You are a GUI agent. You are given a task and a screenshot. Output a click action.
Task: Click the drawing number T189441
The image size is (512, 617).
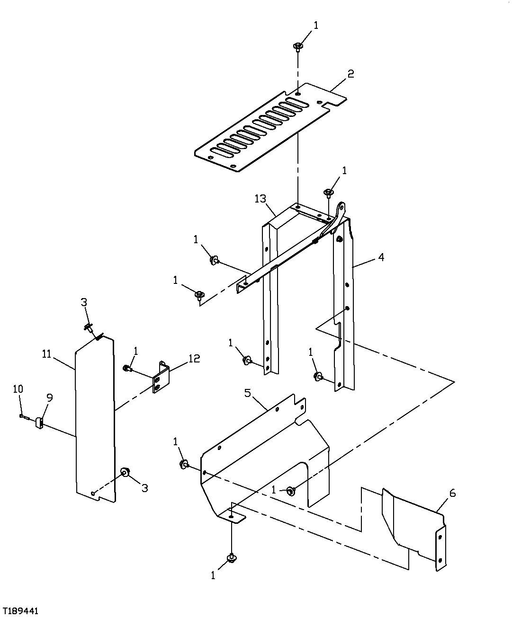coord(20,611)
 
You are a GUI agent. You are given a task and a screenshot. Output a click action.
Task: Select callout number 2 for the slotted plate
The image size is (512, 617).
coord(350,74)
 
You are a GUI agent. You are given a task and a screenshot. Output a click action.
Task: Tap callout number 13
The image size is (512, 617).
coord(260,199)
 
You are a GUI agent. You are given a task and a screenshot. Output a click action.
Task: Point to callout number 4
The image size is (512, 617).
coord(381,257)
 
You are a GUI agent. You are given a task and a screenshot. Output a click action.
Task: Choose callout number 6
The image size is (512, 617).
coord(452,493)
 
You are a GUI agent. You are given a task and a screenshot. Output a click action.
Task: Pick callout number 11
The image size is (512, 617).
coord(46,354)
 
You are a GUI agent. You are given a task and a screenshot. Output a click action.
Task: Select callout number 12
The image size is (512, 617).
coord(194,358)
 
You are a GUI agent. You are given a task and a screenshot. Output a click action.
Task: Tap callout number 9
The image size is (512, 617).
coord(49,398)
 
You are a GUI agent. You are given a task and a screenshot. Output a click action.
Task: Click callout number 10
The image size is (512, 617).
coord(18,389)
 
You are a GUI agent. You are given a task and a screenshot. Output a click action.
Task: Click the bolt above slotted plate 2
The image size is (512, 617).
coord(298,46)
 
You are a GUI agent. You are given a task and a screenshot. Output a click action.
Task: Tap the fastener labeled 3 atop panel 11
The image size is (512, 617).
coord(89,327)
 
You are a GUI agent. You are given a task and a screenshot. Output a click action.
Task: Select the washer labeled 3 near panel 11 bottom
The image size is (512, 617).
coord(126,472)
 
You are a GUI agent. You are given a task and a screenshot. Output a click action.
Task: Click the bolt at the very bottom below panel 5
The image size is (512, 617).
coord(232,559)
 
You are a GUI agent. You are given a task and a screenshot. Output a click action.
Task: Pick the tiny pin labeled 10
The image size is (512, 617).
coord(22,416)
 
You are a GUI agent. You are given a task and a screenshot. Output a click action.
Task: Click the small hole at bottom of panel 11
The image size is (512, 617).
coord(94,494)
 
